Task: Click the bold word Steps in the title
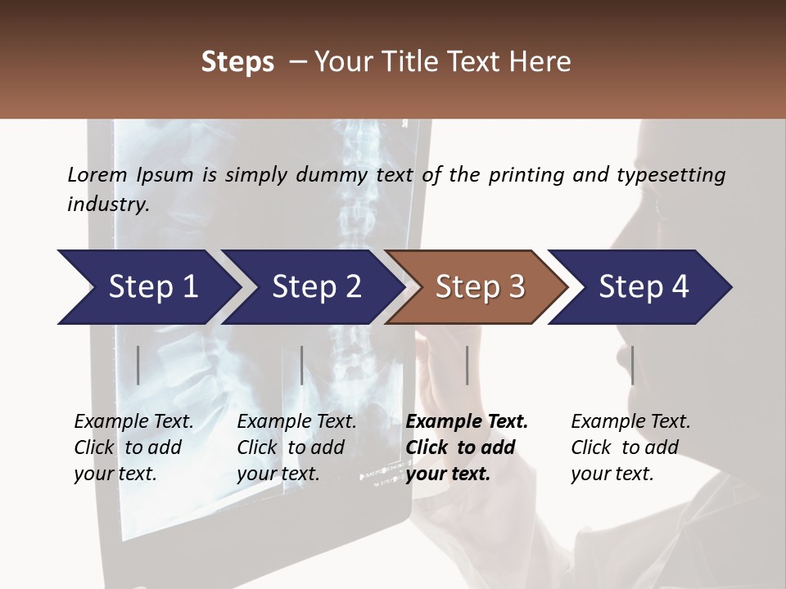pyautogui.click(x=237, y=62)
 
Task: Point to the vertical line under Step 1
pyautogui.click(x=138, y=365)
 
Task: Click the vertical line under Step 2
pyautogui.click(x=302, y=365)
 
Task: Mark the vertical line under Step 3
pyautogui.click(x=467, y=365)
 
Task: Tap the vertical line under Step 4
pyautogui.click(x=632, y=365)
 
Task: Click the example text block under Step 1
pyautogui.click(x=133, y=447)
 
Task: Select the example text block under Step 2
pyautogui.click(x=296, y=447)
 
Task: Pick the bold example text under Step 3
pyautogui.click(x=467, y=447)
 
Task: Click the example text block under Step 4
pyautogui.click(x=630, y=447)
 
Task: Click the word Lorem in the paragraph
pyautogui.click(x=97, y=175)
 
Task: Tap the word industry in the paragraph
pyautogui.click(x=108, y=205)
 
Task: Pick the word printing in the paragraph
pyautogui.click(x=526, y=175)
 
